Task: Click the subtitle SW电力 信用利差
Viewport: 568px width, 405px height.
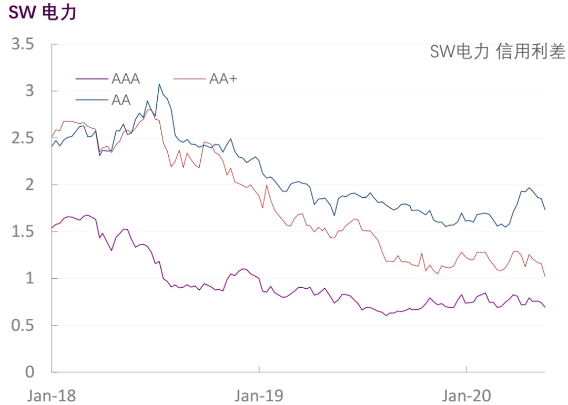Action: tap(498, 52)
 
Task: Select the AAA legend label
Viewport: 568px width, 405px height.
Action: tap(126, 79)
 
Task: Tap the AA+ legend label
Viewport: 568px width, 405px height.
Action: tap(224, 79)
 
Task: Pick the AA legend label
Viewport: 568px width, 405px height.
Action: tap(121, 100)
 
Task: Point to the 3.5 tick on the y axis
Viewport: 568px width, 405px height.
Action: tap(23, 44)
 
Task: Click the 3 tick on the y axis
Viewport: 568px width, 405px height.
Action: tap(29, 91)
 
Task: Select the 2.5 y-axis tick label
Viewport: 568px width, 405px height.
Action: tap(23, 138)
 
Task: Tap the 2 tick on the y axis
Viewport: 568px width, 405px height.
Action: tap(29, 185)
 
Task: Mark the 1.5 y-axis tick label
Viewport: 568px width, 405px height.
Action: tap(23, 231)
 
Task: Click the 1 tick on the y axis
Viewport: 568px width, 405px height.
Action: tap(29, 278)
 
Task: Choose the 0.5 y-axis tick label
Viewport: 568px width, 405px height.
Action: tap(23, 325)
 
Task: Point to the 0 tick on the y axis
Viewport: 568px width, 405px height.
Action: tap(29, 372)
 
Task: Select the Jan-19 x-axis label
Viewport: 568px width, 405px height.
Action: tap(259, 394)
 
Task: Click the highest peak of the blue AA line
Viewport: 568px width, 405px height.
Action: tap(159, 84)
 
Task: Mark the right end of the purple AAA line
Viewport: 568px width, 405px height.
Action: tap(545, 307)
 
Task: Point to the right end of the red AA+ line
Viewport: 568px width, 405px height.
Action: tap(545, 276)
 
